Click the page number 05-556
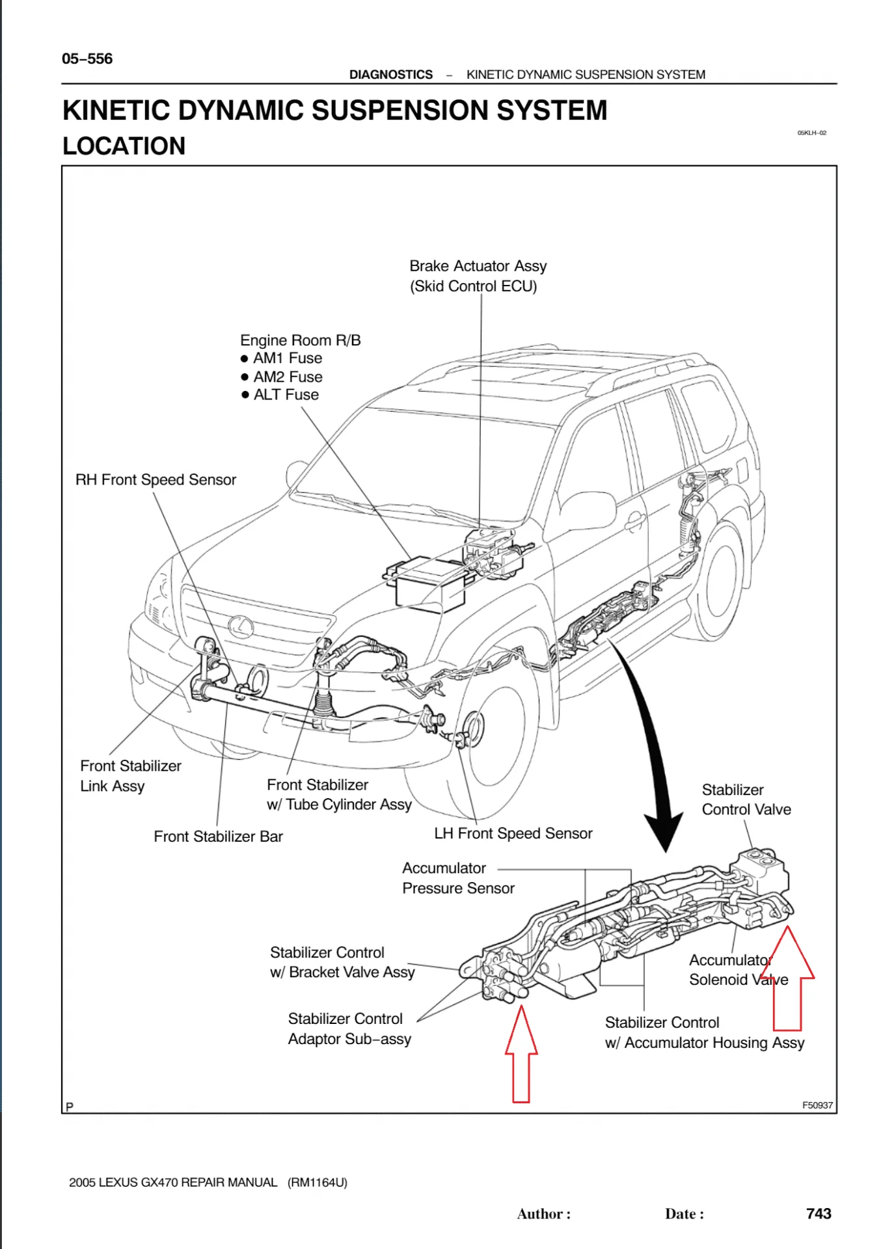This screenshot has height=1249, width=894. (87, 59)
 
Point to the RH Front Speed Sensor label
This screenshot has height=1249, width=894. (156, 480)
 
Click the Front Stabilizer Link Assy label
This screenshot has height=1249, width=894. (130, 775)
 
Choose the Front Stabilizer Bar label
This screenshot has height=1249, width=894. (218, 837)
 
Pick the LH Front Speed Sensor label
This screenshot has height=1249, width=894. (513, 833)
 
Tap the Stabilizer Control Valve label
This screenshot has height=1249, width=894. (746, 799)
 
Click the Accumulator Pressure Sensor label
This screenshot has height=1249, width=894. (457, 878)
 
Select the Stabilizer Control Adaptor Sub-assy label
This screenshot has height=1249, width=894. (349, 1028)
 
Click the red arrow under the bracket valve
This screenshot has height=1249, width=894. (521, 1054)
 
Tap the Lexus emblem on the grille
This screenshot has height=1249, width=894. (241, 626)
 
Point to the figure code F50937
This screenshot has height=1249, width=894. (817, 1105)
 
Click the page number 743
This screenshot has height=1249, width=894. (818, 1213)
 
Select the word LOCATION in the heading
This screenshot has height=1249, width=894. (124, 146)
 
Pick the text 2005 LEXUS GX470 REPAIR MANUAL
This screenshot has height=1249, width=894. (173, 1182)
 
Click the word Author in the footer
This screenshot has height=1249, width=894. (540, 1214)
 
